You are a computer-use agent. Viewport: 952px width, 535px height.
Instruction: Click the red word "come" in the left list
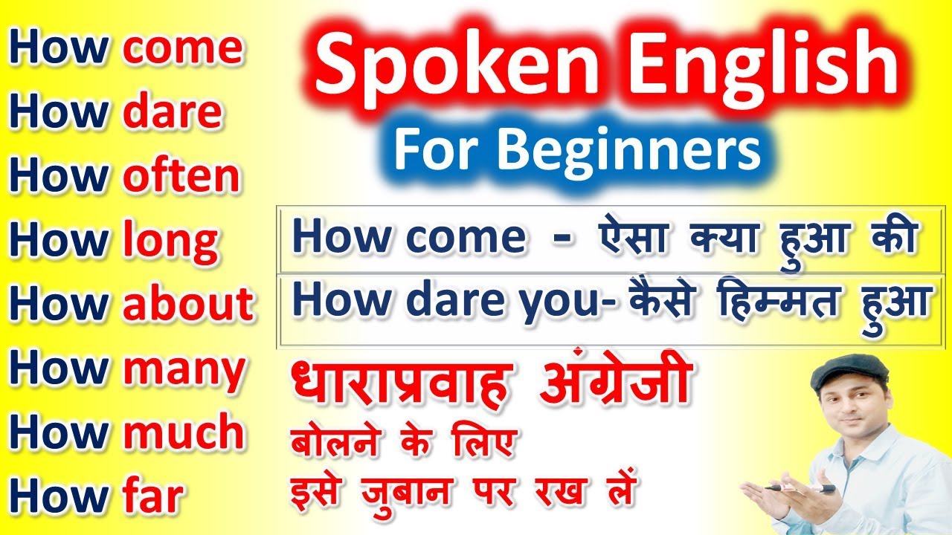coord(183,48)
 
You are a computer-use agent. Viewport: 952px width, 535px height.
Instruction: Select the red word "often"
coord(182,176)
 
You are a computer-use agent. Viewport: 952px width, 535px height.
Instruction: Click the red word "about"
coord(189,305)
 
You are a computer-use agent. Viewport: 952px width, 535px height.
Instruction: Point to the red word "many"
coord(184,369)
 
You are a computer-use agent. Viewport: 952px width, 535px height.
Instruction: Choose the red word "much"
coord(184,433)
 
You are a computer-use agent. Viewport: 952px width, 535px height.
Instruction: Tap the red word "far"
coord(152,497)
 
